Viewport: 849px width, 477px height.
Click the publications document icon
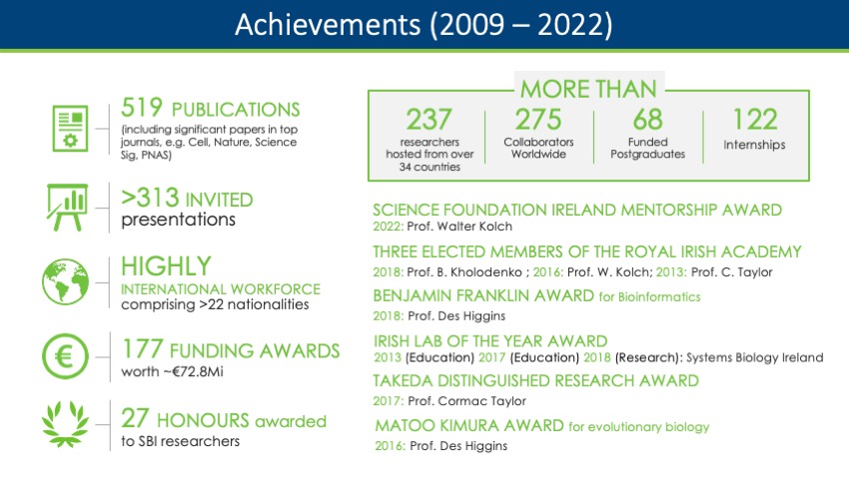point(70,129)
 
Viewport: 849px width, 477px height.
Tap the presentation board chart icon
point(67,208)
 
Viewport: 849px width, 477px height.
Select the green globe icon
point(66,281)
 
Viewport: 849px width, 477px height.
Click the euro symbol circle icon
point(65,356)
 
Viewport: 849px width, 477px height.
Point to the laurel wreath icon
point(66,424)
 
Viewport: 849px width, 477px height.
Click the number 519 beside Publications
point(141,107)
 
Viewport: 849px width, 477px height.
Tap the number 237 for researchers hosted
point(428,120)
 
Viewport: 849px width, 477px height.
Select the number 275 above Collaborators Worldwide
point(538,120)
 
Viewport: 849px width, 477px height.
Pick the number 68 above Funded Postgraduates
point(647,120)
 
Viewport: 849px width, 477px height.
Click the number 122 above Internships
point(755,120)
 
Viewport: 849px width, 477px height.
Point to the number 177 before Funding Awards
point(143,349)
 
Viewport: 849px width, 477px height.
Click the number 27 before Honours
point(135,418)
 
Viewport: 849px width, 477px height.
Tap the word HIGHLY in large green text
point(166,266)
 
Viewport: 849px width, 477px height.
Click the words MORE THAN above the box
point(588,89)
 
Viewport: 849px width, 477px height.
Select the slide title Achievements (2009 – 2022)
point(424,25)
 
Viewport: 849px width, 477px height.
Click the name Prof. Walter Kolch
point(459,227)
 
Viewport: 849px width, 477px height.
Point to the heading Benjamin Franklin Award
point(483,295)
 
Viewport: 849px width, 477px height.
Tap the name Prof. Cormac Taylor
point(466,401)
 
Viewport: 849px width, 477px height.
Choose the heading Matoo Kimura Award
point(469,426)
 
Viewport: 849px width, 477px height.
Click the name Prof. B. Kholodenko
point(464,272)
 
